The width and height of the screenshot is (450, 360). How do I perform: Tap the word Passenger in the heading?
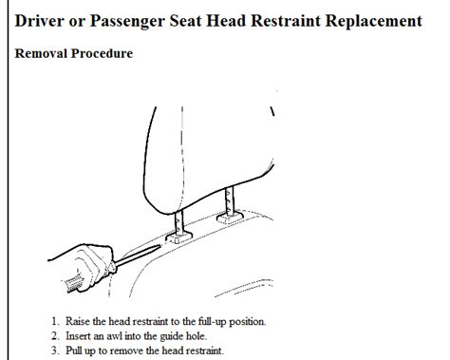click(127, 22)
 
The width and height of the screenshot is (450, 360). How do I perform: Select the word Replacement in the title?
click(374, 22)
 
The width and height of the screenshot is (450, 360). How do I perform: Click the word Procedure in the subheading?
click(102, 53)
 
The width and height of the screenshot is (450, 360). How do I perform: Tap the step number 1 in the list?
click(55, 321)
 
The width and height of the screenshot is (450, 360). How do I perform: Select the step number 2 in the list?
click(55, 336)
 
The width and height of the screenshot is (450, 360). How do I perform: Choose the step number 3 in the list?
click(55, 351)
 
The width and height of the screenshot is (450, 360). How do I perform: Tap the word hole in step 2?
click(197, 336)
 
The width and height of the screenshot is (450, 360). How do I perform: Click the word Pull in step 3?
click(73, 351)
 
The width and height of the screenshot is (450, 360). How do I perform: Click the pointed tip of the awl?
click(161, 245)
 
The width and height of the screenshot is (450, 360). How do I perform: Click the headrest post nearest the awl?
click(179, 223)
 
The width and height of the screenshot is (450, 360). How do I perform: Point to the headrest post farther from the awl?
click(230, 200)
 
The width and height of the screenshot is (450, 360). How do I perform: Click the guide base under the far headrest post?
click(230, 218)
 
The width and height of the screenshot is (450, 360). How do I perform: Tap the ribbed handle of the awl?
click(73, 283)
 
